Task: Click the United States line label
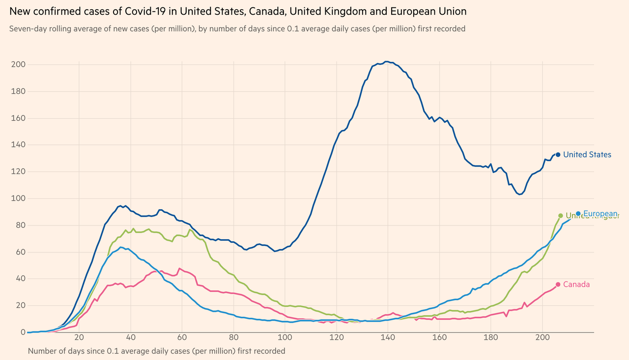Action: click(587, 155)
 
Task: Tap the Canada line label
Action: click(576, 284)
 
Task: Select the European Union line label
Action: click(600, 214)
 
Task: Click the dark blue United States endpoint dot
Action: click(558, 155)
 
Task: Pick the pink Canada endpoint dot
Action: click(558, 284)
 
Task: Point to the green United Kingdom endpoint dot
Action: click(560, 216)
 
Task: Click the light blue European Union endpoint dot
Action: click(578, 214)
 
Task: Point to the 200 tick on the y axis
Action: click(18, 65)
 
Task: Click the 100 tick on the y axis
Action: click(18, 198)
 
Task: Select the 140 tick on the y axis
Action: click(18, 145)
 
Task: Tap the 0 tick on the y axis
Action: click(23, 332)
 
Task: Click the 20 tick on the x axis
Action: click(79, 338)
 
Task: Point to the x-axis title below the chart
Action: click(156, 351)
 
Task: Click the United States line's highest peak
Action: click(387, 61)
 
